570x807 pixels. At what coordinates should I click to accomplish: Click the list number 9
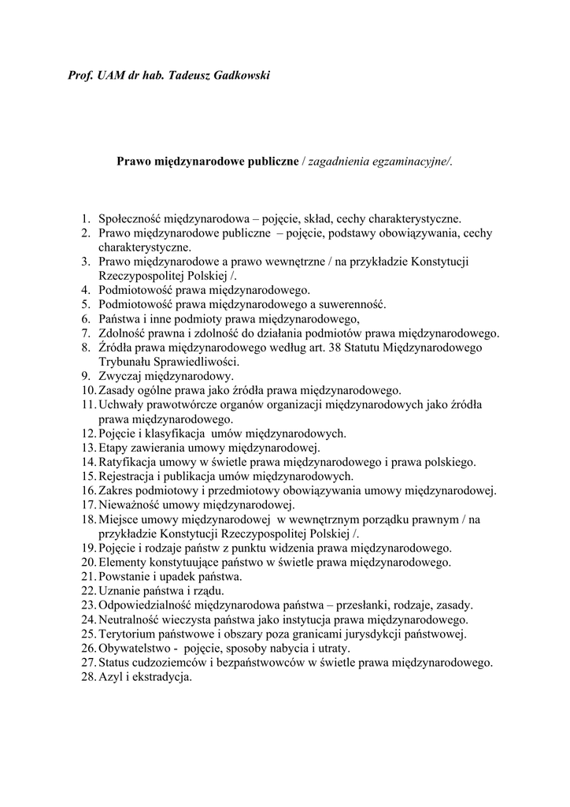(x=86, y=376)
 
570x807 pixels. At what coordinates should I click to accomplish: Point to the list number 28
(x=87, y=677)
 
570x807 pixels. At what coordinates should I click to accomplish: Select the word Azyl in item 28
(x=111, y=677)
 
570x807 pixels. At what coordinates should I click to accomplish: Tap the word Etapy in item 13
(x=114, y=448)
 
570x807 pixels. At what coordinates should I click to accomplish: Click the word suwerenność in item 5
(x=351, y=304)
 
